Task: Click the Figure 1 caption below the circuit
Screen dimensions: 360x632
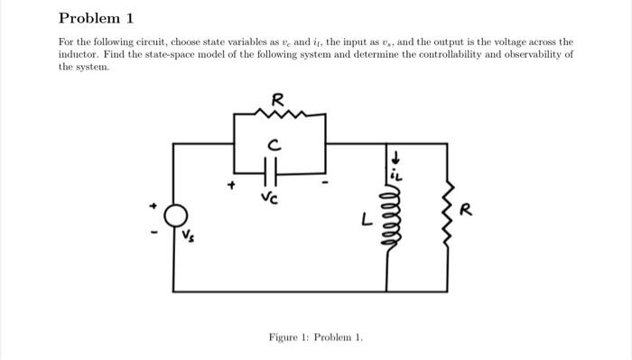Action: (x=315, y=337)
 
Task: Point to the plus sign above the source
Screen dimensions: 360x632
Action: (x=155, y=206)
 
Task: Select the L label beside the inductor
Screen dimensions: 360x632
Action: (x=366, y=218)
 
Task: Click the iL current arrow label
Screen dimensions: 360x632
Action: (x=394, y=166)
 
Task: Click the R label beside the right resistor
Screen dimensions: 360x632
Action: (x=466, y=212)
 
